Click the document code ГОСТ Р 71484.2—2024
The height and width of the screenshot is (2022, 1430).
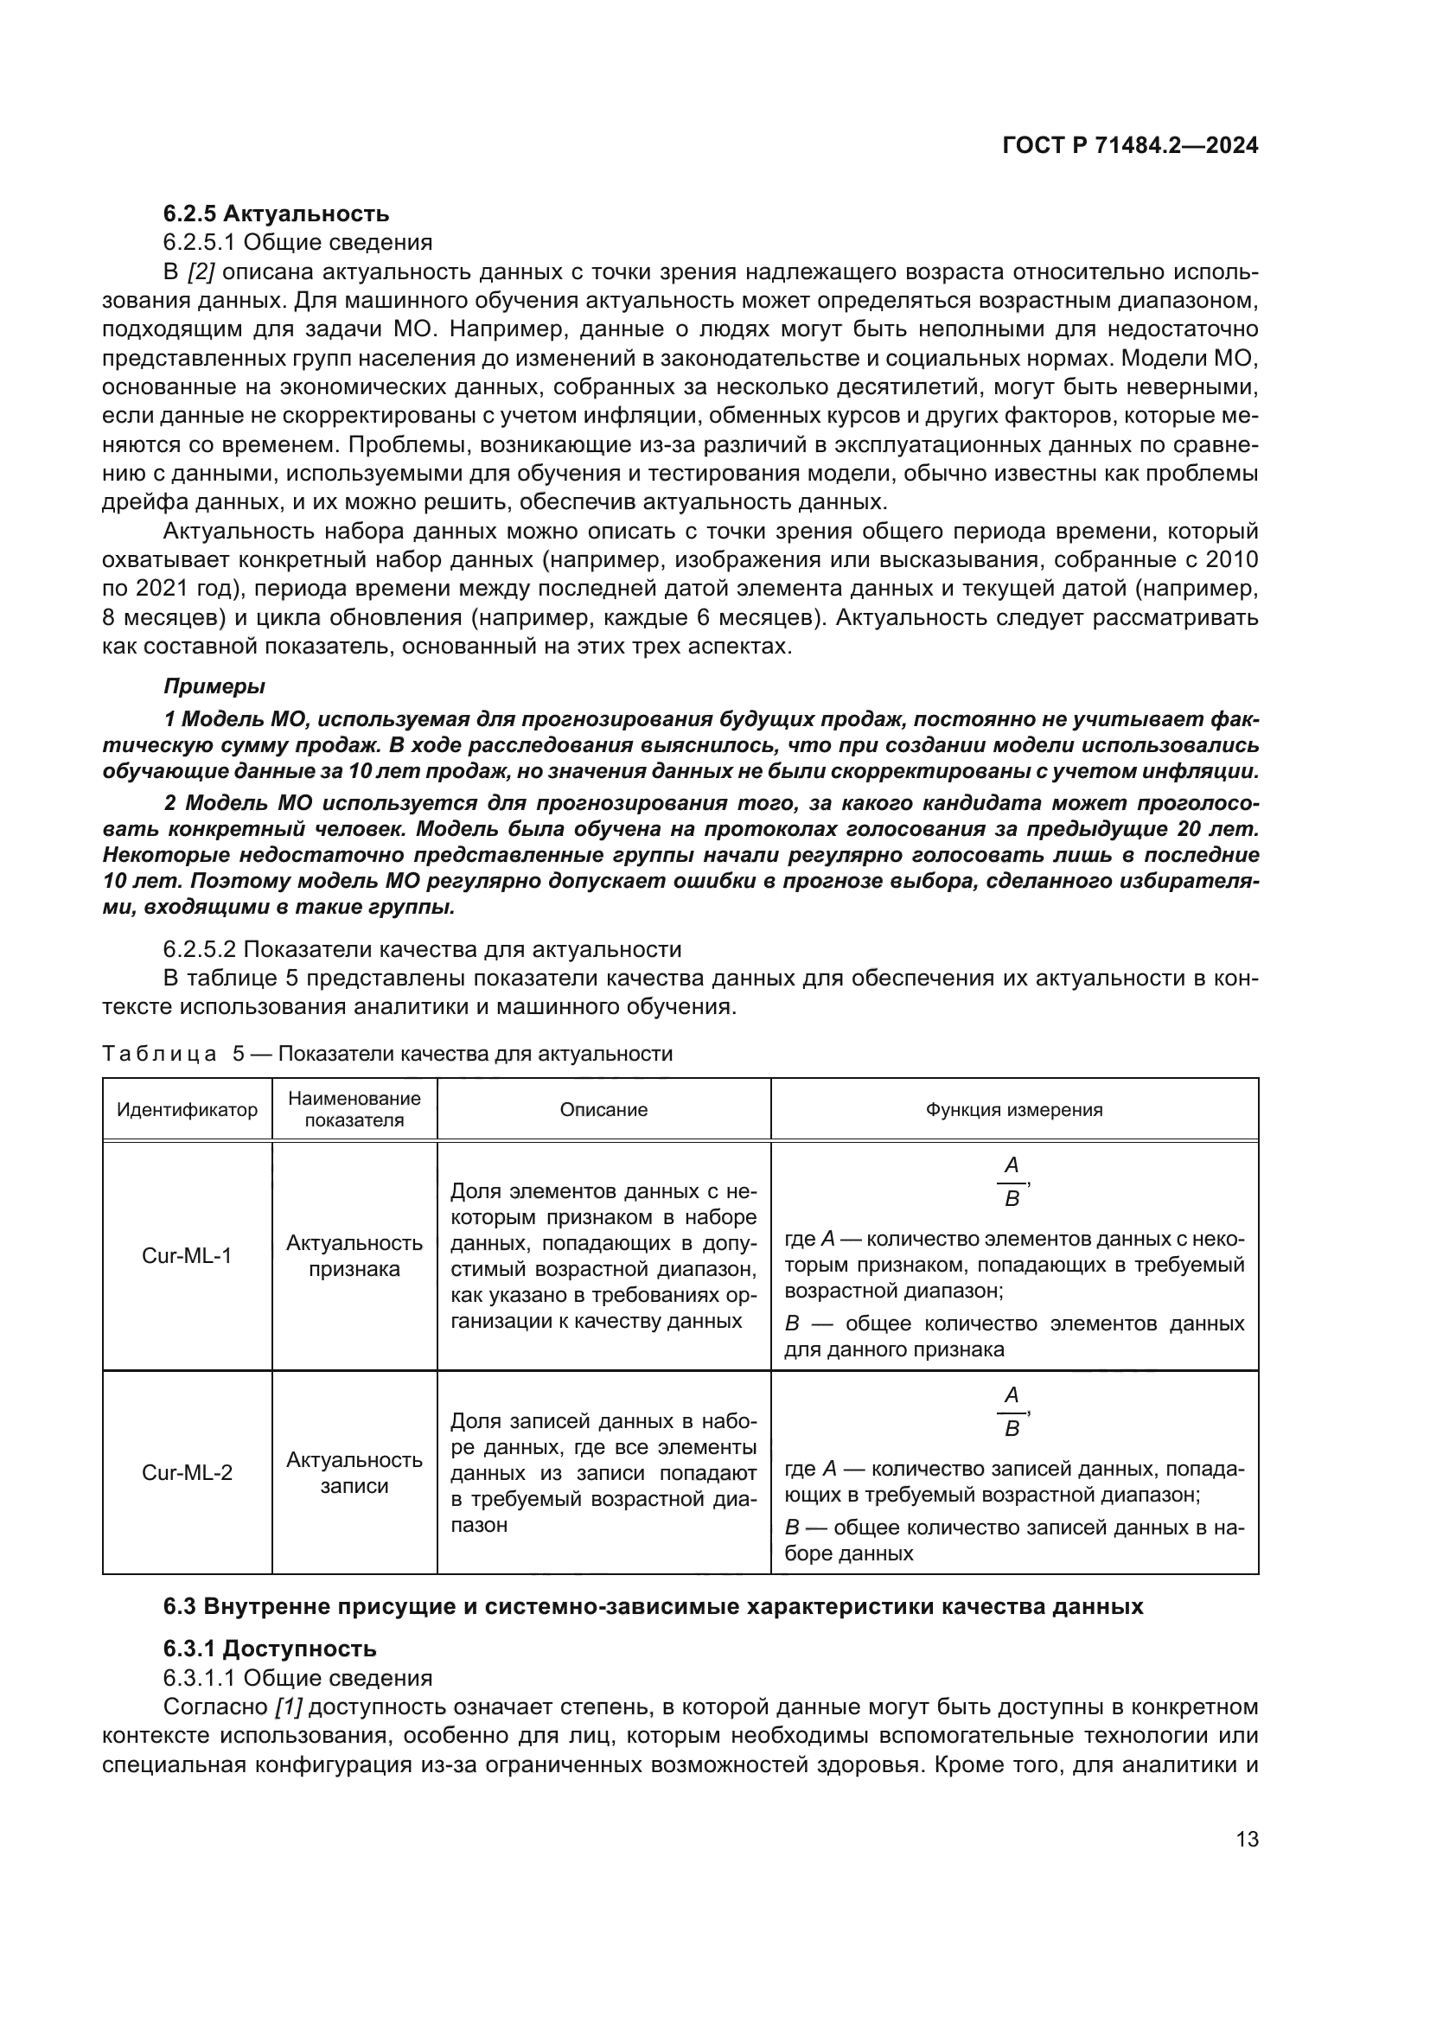point(1130,146)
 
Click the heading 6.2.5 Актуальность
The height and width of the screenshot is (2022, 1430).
point(276,214)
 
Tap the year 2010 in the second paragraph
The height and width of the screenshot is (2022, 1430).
point(1232,560)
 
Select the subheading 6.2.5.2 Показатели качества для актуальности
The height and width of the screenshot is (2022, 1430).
point(422,949)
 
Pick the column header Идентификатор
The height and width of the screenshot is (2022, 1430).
point(187,1110)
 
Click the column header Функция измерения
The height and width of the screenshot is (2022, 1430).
point(1013,1110)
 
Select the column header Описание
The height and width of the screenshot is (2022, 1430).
point(603,1110)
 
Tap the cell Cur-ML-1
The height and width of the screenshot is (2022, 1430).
point(187,1256)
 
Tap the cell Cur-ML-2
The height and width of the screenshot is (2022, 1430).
point(187,1472)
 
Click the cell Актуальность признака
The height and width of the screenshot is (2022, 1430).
point(354,1256)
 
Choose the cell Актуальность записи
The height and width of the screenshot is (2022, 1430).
point(354,1472)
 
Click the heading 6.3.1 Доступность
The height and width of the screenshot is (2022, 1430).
point(270,1649)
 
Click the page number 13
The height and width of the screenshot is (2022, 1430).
point(1247,1839)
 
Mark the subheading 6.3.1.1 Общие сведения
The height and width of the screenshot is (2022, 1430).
point(297,1678)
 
